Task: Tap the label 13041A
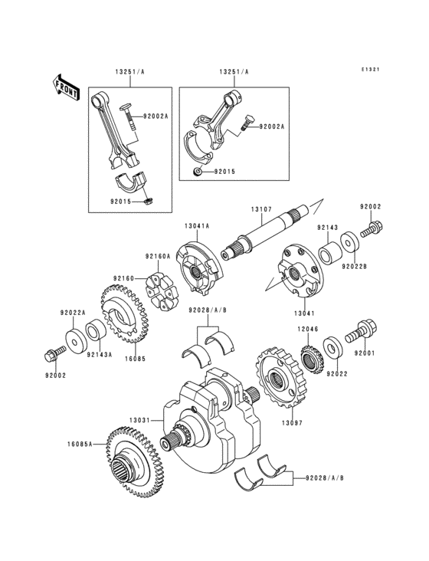[x=197, y=226]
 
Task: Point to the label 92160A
[x=158, y=257]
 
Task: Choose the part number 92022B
[x=355, y=267]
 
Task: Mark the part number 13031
[x=142, y=420]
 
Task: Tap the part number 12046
[x=308, y=328]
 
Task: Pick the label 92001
[x=365, y=354]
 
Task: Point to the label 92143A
[x=100, y=356]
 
